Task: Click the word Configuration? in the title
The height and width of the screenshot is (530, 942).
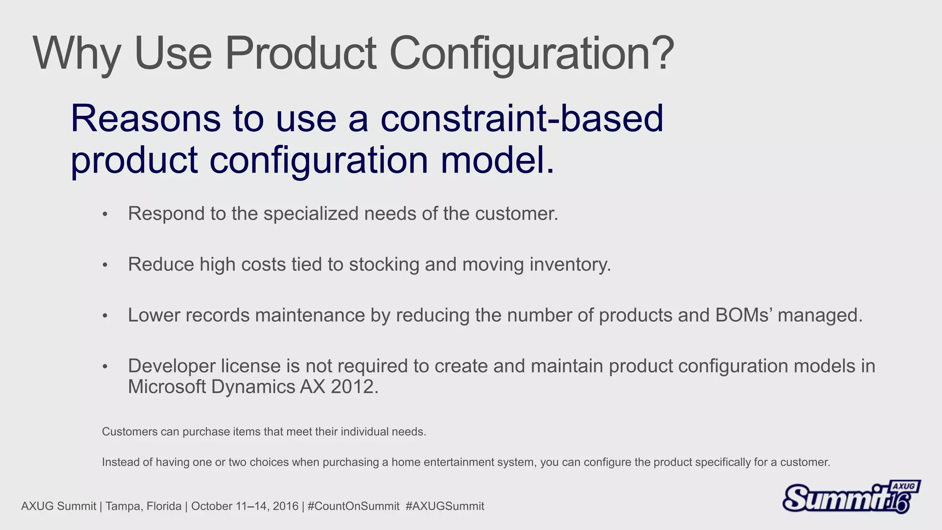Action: click(531, 54)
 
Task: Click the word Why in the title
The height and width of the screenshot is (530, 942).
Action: click(76, 54)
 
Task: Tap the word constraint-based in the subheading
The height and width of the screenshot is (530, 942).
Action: click(522, 119)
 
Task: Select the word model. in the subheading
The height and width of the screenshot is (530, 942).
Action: click(497, 160)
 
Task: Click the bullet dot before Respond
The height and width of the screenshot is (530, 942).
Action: click(105, 214)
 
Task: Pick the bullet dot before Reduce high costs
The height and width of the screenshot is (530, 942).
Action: click(105, 265)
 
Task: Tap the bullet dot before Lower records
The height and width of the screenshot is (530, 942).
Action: click(105, 316)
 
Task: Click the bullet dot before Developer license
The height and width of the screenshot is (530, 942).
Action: click(105, 367)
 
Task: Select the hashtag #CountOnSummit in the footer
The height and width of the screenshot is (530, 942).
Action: click(353, 507)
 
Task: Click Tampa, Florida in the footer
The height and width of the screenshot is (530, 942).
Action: click(144, 507)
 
